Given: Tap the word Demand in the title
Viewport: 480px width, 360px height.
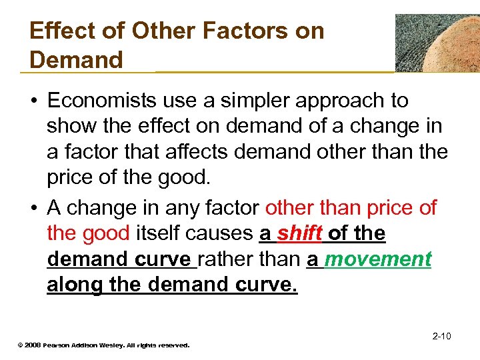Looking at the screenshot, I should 77,59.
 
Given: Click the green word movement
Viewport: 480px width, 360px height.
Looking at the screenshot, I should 377,259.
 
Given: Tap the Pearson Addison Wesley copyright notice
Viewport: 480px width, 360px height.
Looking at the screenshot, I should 103,345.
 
